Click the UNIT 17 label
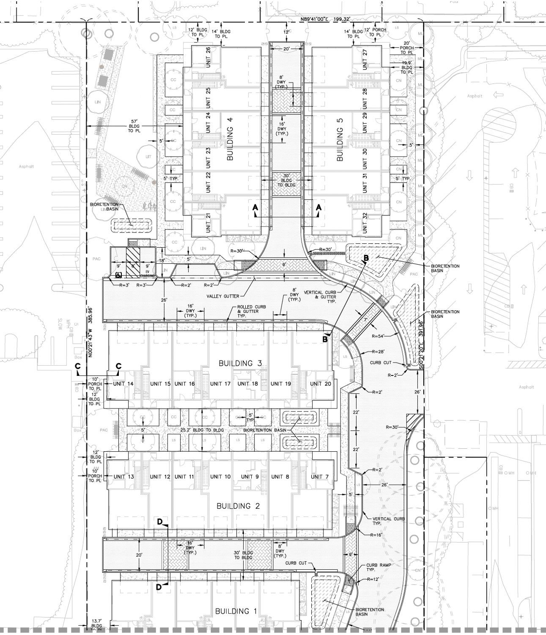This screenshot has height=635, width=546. coord(221,384)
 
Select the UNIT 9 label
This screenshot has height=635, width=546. coord(250,477)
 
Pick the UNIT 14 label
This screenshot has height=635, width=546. coord(123,384)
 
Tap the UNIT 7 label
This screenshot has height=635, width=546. coord(320,477)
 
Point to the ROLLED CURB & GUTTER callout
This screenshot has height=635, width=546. coord(248,311)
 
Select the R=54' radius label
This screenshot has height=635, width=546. coord(379,335)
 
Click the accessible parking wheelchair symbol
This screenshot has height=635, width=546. coord(119,274)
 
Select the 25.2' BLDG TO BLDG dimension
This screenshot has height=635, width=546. coord(202,430)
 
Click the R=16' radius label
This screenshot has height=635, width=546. coord(377,535)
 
